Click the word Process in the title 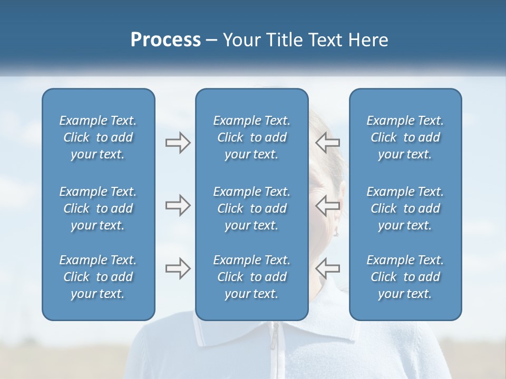(x=166, y=40)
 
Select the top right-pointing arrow (x=178, y=143)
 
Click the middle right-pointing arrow (x=178, y=205)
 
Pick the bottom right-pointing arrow (x=178, y=268)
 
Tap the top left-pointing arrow (x=327, y=143)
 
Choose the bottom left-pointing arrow (x=327, y=268)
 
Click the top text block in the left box (x=98, y=137)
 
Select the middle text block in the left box (x=98, y=208)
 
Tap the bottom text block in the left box (x=98, y=277)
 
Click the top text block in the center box (x=251, y=137)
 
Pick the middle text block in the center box (x=251, y=208)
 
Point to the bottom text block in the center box (x=251, y=277)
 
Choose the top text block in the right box (x=405, y=137)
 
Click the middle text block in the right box (x=405, y=208)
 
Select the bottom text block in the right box (x=405, y=277)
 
